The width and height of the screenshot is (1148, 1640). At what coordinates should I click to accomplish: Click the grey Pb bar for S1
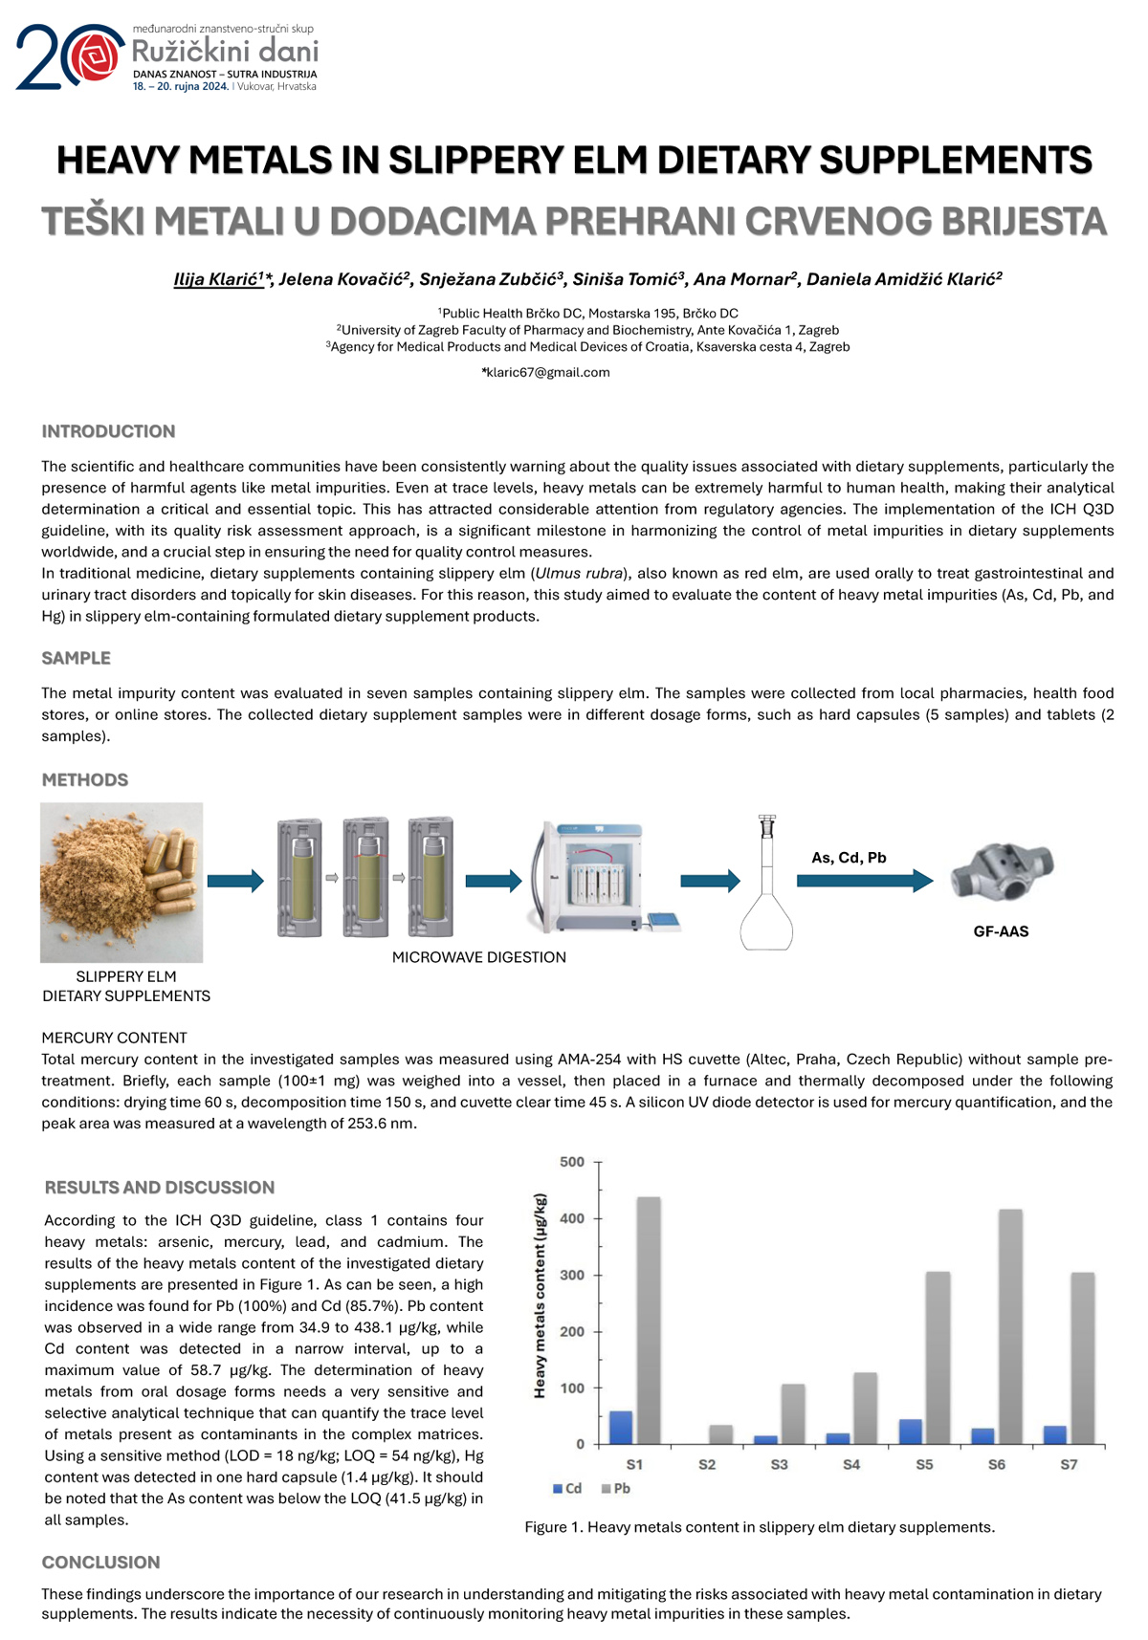648,1320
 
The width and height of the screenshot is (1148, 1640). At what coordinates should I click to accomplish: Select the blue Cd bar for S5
911,1432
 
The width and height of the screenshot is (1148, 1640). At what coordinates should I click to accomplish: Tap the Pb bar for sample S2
720,1434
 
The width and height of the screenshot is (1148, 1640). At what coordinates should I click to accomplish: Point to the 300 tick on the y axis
572,1275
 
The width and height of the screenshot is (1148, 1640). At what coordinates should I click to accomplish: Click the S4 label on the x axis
850,1464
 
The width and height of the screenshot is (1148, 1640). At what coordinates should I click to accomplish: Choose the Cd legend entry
567,1488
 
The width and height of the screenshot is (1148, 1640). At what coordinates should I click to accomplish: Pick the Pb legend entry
616,1488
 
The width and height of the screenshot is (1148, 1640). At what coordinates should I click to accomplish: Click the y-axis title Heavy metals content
541,1296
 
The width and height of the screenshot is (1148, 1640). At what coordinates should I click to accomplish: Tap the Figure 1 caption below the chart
760,1527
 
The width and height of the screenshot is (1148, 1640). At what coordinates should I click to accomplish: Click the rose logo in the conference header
93,56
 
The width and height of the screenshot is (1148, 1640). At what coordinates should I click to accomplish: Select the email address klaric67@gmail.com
547,372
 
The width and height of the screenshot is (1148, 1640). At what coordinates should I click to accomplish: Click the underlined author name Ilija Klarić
218,279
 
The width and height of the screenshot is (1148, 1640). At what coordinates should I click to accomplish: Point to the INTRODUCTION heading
108,431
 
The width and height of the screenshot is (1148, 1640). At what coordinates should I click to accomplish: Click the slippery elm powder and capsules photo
121,882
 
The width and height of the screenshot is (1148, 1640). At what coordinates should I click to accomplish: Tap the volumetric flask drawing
766,889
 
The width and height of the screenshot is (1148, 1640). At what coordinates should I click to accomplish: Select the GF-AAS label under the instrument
1001,931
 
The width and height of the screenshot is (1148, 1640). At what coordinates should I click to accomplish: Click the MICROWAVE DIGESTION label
478,957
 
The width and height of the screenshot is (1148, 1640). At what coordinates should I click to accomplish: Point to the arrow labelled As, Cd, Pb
864,880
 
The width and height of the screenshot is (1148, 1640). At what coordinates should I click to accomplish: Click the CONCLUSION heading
100,1563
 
